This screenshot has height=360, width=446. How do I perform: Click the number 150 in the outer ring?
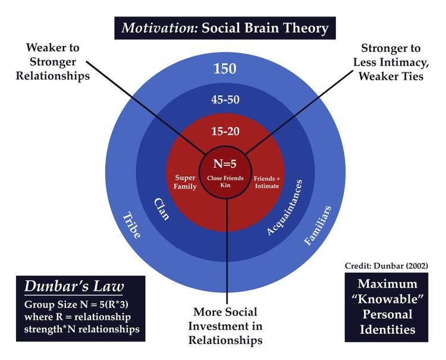click(x=225, y=68)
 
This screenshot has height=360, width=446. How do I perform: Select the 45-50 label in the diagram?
click(x=225, y=99)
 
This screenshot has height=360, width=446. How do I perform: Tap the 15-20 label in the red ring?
click(x=225, y=130)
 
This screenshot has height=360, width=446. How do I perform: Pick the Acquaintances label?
click(x=284, y=212)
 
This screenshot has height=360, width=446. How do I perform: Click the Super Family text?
click(x=186, y=181)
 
